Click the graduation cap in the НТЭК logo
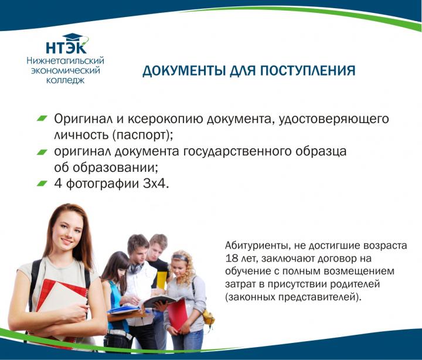(73, 37)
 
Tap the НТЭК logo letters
(66, 47)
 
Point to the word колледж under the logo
(66, 80)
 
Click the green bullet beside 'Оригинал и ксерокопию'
(42, 118)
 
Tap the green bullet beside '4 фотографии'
(42, 184)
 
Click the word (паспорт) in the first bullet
(142, 135)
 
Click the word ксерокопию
(165, 119)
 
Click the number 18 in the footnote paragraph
(232, 258)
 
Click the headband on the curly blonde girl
(180, 257)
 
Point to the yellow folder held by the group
(162, 280)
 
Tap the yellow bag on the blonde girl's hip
(208, 317)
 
